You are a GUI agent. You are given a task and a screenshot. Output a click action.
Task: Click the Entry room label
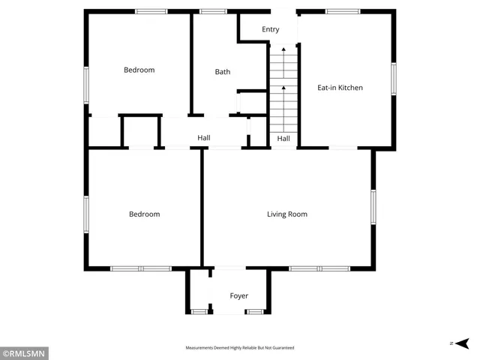(x=270, y=29)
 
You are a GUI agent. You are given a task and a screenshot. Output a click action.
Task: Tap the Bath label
(x=223, y=72)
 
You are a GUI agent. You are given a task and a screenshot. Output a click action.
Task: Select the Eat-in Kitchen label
(x=340, y=88)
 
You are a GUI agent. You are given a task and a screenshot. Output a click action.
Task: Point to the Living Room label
(x=287, y=214)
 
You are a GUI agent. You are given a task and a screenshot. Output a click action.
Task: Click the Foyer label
(x=238, y=296)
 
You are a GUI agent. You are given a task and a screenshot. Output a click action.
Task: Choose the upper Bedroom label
(x=139, y=70)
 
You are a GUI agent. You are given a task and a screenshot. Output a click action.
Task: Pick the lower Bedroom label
(x=144, y=214)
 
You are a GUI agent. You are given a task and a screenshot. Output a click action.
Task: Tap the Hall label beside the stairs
(x=283, y=139)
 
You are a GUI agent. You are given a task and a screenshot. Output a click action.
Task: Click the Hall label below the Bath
(x=204, y=138)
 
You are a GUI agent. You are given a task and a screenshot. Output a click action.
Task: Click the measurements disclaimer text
(x=240, y=348)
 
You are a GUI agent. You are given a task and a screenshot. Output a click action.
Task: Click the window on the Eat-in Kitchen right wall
(x=393, y=79)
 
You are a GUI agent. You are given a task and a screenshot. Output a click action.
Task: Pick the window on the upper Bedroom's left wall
(x=86, y=85)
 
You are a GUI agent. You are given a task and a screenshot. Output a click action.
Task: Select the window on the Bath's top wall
(x=214, y=11)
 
